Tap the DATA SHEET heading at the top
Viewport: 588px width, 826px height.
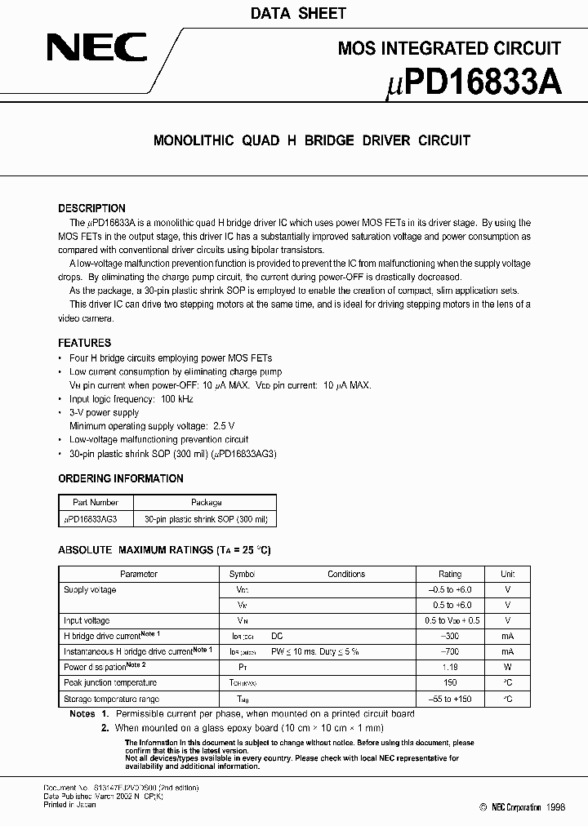297,13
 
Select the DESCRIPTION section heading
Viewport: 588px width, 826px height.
91,208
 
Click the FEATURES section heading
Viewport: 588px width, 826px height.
84,343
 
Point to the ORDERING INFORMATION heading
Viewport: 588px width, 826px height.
121,478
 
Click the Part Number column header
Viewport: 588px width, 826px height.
96,503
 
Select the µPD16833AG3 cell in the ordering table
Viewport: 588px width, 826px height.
91,519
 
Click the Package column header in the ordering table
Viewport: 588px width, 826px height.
206,503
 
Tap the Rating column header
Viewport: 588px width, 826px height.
450,574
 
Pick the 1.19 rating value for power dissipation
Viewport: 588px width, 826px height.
450,667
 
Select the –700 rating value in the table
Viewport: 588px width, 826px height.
450,651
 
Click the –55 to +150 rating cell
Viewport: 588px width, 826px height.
450,699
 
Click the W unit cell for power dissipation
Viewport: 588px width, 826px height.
507,667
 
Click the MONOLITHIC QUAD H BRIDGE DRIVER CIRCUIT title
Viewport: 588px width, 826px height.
312,140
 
